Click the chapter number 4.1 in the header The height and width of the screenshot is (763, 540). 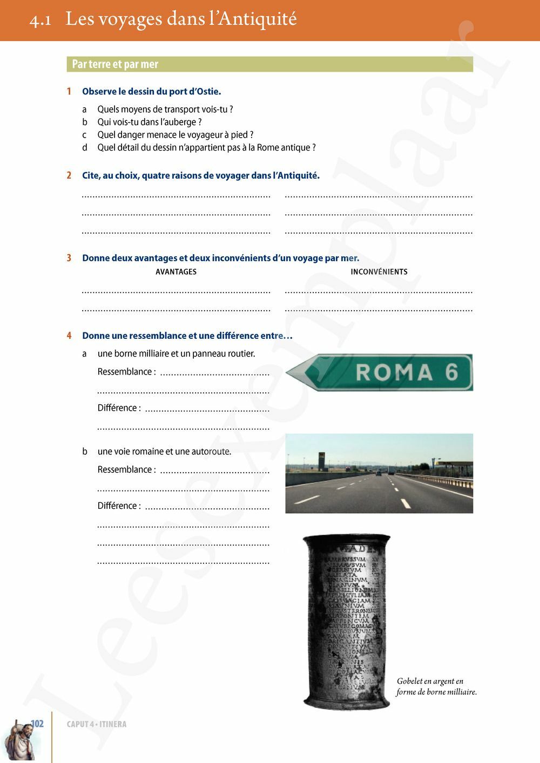[x=40, y=20]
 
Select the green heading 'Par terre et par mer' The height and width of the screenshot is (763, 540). [x=115, y=64]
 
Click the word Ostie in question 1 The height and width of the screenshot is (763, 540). [x=207, y=92]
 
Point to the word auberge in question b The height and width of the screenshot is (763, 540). [x=179, y=122]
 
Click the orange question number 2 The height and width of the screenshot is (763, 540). [x=69, y=175]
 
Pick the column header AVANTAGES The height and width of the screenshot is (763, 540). [x=176, y=272]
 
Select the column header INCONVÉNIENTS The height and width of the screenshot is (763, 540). [x=379, y=272]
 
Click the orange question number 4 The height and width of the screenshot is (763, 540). [x=69, y=336]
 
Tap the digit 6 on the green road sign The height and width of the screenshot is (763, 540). [x=451, y=372]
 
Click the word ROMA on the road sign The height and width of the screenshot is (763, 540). [x=394, y=372]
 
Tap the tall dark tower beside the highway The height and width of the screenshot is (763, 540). [x=321, y=461]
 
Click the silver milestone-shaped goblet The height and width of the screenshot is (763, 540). [x=347, y=621]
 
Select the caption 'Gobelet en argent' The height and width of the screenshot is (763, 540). [x=430, y=681]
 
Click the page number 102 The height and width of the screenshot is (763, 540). [x=37, y=724]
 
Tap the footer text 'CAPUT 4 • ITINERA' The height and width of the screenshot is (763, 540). [x=97, y=724]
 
